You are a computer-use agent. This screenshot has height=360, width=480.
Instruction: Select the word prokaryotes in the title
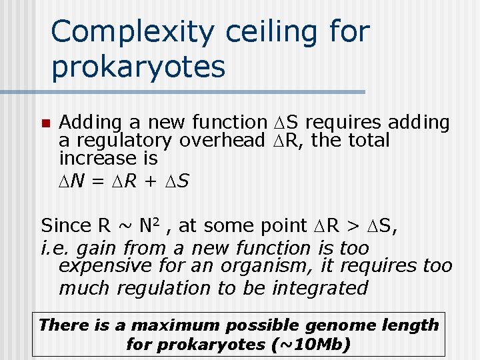138,67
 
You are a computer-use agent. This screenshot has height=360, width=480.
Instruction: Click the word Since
64,225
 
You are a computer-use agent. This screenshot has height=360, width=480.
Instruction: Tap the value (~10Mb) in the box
313,345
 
